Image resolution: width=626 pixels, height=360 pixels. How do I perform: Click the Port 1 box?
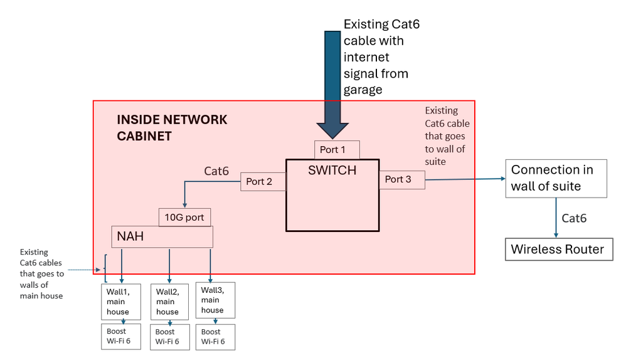pyautogui.click(x=337, y=150)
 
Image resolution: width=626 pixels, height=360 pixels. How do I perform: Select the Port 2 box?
pyautogui.click(x=263, y=182)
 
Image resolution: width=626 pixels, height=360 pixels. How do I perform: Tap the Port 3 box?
pyautogui.click(x=401, y=179)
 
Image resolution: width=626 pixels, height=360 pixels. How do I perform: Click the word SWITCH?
pyautogui.click(x=332, y=170)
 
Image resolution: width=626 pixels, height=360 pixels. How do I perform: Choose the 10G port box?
pyautogui.click(x=184, y=217)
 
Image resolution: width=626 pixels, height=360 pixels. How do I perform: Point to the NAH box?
pyautogui.click(x=162, y=236)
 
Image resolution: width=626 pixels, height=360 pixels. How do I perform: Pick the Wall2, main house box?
pyautogui.click(x=169, y=302)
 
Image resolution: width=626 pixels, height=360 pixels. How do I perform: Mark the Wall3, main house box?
pyautogui.click(x=215, y=300)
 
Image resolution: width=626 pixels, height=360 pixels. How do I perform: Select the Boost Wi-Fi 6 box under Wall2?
pyautogui.click(x=169, y=337)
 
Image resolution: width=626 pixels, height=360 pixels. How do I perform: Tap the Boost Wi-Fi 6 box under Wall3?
pyautogui.click(x=215, y=337)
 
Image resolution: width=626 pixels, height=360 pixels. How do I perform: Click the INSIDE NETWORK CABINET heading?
pyautogui.click(x=172, y=127)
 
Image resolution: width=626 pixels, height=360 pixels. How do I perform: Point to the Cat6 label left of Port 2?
pyautogui.click(x=216, y=171)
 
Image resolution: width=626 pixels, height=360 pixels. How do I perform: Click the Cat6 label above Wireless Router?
pyautogui.click(x=574, y=218)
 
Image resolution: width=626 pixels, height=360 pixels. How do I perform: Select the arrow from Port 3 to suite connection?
pyautogui.click(x=464, y=179)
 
